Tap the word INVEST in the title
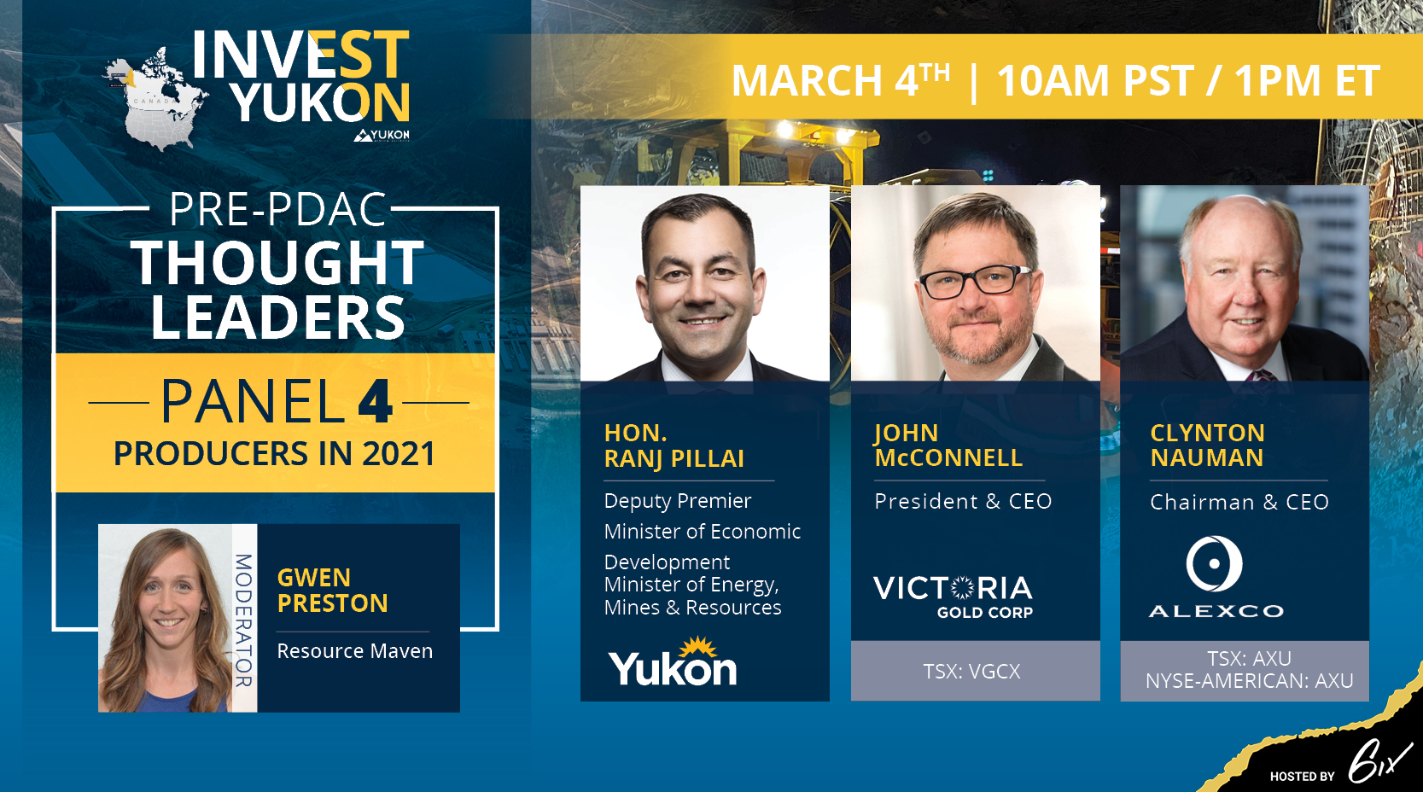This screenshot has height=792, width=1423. pos(300,55)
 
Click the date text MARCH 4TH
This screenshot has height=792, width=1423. pos(841,81)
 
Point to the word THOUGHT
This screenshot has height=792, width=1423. pos(277,263)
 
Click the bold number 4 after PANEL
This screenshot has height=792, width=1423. pos(375,402)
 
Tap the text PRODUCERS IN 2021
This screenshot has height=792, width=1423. pos(274,454)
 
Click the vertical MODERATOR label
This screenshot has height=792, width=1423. pos(244,620)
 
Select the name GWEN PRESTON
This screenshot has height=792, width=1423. pos(332,591)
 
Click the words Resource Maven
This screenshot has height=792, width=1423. pos(354,651)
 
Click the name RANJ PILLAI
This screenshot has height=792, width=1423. pos(674,458)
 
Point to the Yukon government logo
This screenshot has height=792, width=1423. pos(673,662)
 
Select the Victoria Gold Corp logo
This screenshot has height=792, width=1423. pos(953,597)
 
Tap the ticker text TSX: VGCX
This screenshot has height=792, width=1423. pos(972,672)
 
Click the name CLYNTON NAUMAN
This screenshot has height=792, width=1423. pos(1208,445)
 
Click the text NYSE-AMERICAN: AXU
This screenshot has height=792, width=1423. pos(1250,681)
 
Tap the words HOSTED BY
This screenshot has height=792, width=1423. pos(1303,776)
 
